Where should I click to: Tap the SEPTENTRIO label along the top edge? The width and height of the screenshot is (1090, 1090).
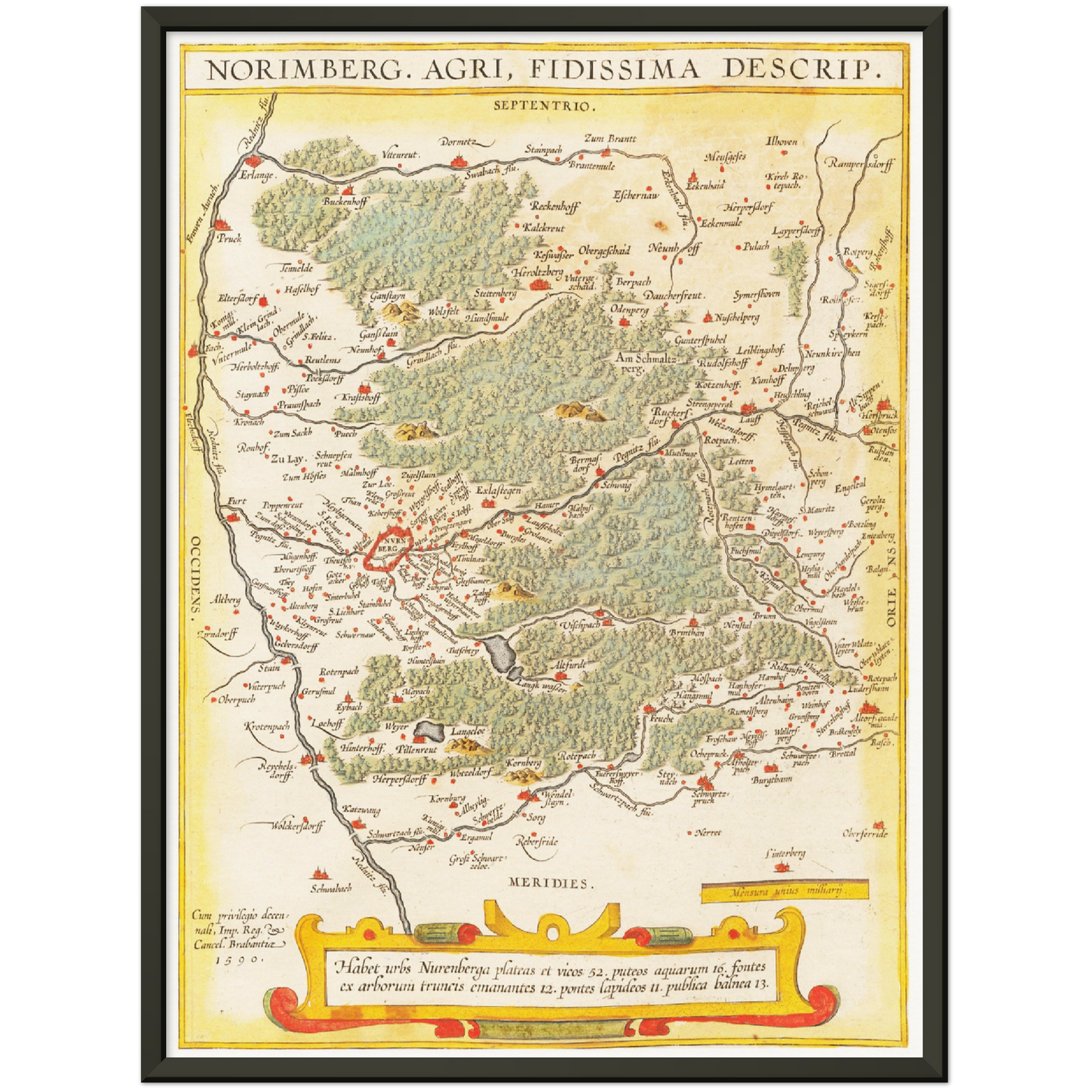coord(544,106)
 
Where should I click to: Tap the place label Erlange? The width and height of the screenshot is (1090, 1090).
coord(257,176)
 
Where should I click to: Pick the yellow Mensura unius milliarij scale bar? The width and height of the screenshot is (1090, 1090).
coord(784,891)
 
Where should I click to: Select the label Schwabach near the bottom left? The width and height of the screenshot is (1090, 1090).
coord(331,889)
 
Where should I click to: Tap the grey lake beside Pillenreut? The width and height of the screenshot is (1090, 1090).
coord(428,729)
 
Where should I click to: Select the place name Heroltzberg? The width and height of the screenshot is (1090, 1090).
coord(537,272)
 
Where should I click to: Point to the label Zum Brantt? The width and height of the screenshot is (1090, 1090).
coord(610,139)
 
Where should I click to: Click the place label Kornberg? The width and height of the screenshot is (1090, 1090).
coord(524,763)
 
